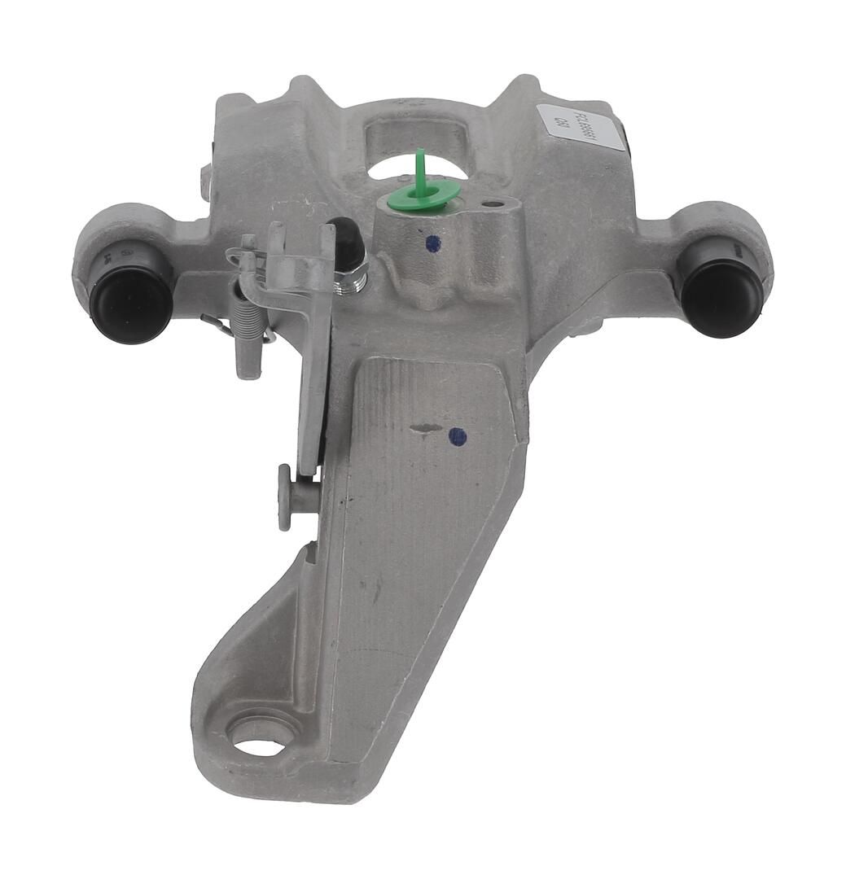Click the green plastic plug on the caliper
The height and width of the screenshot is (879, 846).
click(423, 196)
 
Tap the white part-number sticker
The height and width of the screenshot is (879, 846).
click(581, 128)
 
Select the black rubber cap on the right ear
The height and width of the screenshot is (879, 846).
click(721, 289)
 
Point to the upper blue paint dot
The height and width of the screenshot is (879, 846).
click(433, 243)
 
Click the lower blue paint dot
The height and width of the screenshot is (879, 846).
click(458, 437)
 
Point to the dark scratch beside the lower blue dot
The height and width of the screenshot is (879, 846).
click(424, 427)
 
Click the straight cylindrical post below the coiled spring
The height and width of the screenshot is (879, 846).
click(248, 358)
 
